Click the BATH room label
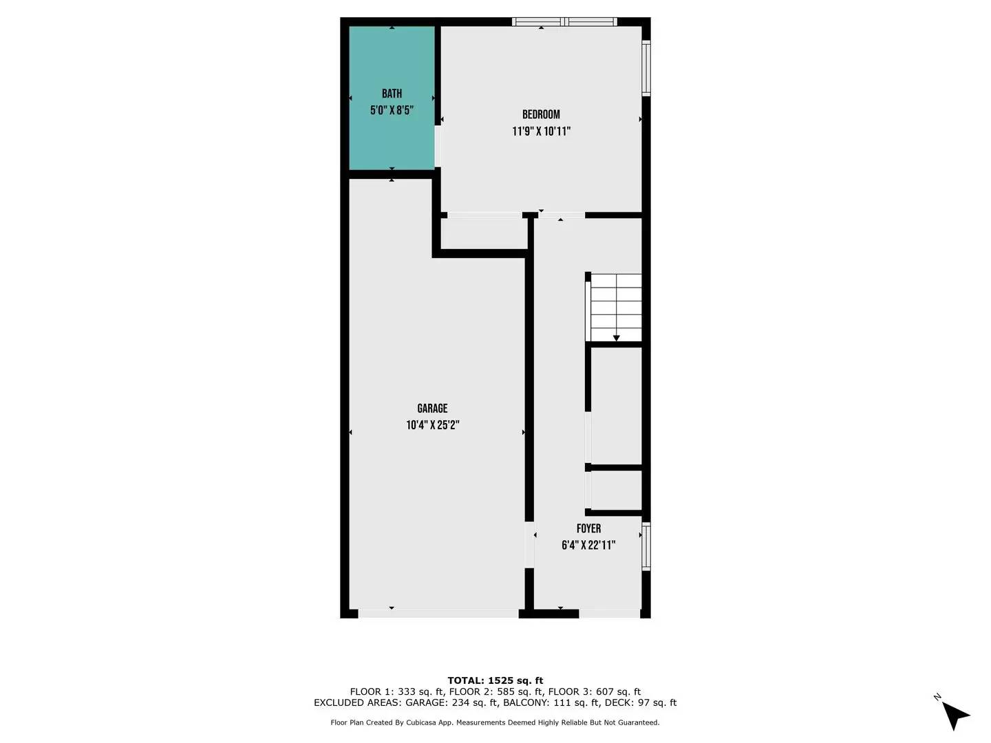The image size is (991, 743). (392, 94)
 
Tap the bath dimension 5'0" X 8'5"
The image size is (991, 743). (392, 110)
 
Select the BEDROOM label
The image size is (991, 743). (541, 115)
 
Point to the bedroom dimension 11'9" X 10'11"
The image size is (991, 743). (541, 131)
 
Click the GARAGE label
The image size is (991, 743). (432, 409)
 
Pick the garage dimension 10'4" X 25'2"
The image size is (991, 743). (432, 425)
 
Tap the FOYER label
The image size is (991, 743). (588, 528)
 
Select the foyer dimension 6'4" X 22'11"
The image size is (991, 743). (588, 546)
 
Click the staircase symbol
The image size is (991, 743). (616, 308)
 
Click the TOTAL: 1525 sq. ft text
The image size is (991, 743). (495, 680)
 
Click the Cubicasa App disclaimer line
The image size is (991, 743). (495, 722)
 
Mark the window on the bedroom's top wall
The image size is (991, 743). (564, 22)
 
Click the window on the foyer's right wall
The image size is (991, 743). (646, 547)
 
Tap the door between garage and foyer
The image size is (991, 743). (529, 545)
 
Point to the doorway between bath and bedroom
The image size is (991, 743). (438, 146)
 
